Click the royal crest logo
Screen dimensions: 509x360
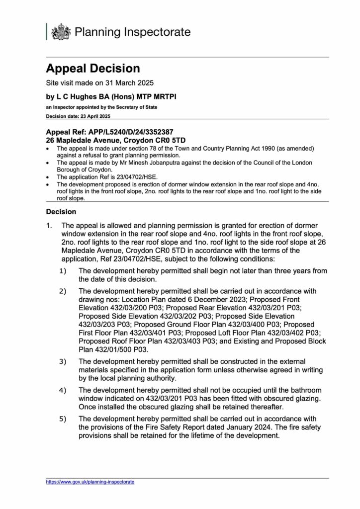click(x=61, y=32)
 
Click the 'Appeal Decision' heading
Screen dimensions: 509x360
click(x=93, y=69)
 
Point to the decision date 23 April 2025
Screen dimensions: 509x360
click(x=92, y=115)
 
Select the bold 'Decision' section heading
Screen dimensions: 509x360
click(x=61, y=211)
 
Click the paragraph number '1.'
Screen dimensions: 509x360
click(x=50, y=225)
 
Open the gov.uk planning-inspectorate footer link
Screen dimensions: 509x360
click(x=90, y=482)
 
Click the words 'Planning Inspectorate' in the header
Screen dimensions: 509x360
click(x=132, y=32)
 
